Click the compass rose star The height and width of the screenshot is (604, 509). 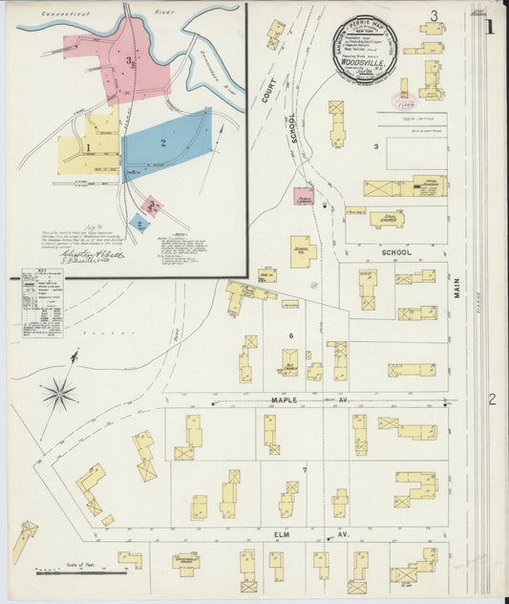59,392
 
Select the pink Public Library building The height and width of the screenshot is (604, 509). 304,196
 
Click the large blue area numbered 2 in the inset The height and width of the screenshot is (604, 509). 166,143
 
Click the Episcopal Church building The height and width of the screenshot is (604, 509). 387,219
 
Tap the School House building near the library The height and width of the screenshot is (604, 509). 302,251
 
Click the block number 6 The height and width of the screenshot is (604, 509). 290,335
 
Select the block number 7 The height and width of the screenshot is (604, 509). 305,470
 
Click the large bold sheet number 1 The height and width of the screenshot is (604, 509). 490,27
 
